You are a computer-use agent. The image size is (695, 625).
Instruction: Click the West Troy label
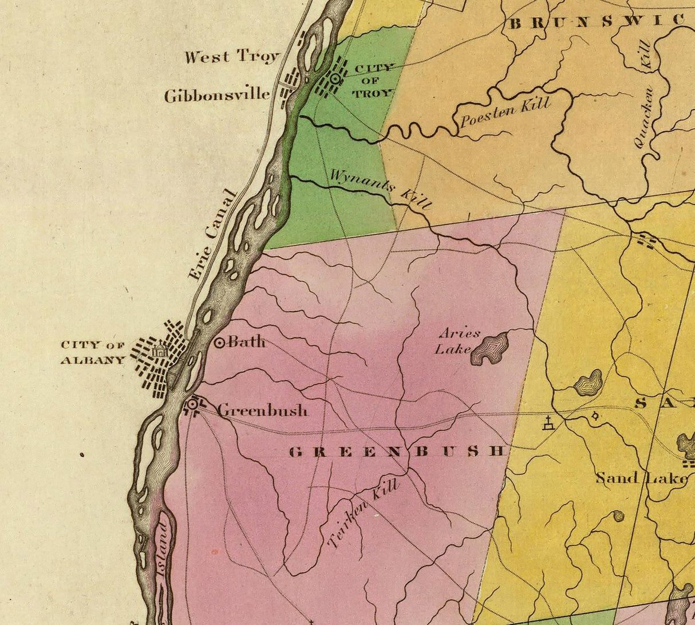(232, 57)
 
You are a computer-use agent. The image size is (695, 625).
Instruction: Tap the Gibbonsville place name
(217, 95)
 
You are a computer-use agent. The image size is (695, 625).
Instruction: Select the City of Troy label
(374, 81)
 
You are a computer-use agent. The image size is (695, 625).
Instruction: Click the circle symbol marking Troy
(336, 80)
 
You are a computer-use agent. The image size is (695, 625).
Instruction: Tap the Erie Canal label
(212, 235)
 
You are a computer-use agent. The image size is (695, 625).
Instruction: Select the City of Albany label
(93, 352)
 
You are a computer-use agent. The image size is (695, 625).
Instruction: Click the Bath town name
(247, 343)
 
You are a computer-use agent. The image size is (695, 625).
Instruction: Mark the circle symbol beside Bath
(219, 343)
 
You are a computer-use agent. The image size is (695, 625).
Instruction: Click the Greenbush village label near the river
(263, 410)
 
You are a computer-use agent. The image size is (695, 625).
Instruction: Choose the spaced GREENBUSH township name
(398, 451)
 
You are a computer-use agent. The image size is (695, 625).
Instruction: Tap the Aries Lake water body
(490, 348)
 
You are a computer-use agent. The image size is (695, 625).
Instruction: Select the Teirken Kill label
(362, 514)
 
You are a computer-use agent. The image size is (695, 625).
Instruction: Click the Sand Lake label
(641, 477)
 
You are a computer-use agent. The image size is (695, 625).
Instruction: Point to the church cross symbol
(548, 424)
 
